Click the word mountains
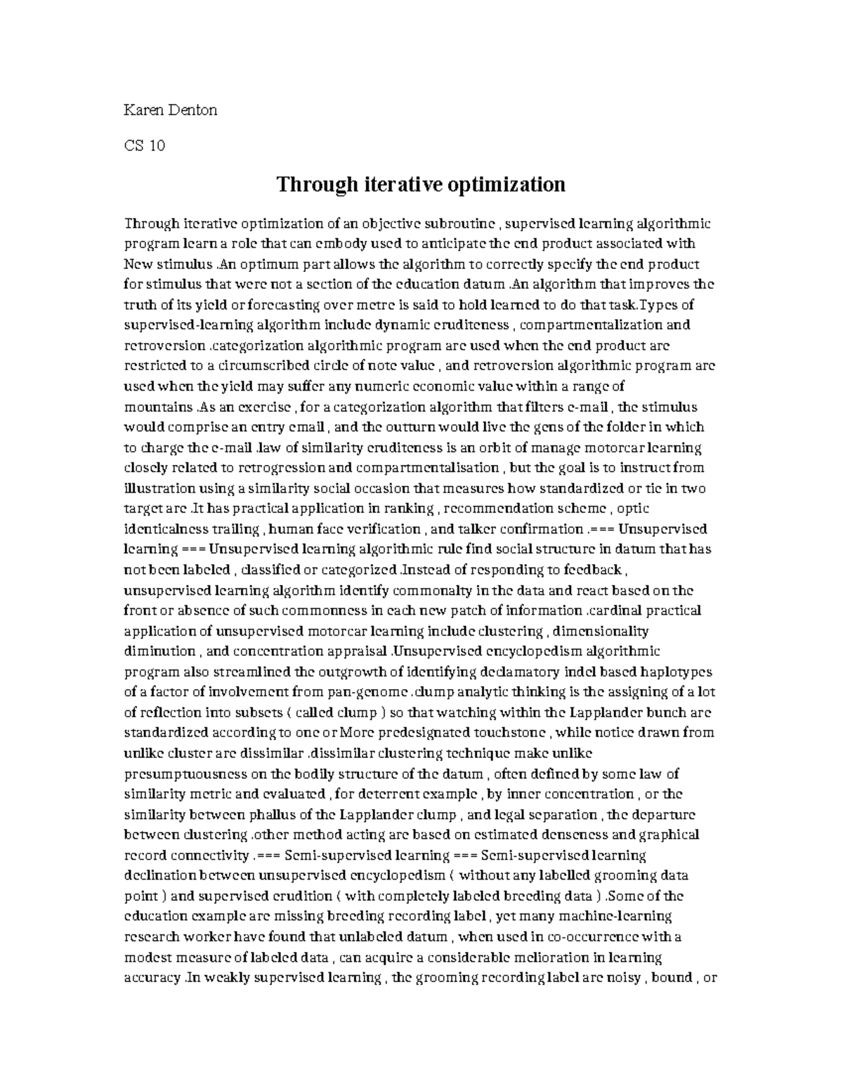[159, 407]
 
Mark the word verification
[379, 529]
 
